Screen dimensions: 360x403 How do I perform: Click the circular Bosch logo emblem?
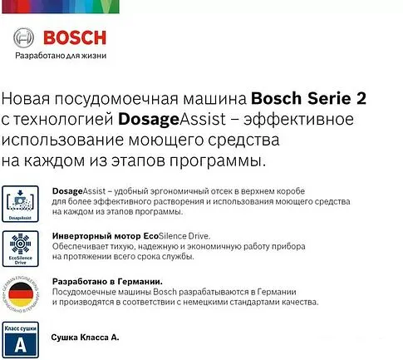[26, 39]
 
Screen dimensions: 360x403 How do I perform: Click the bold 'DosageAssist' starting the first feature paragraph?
[76, 190]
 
